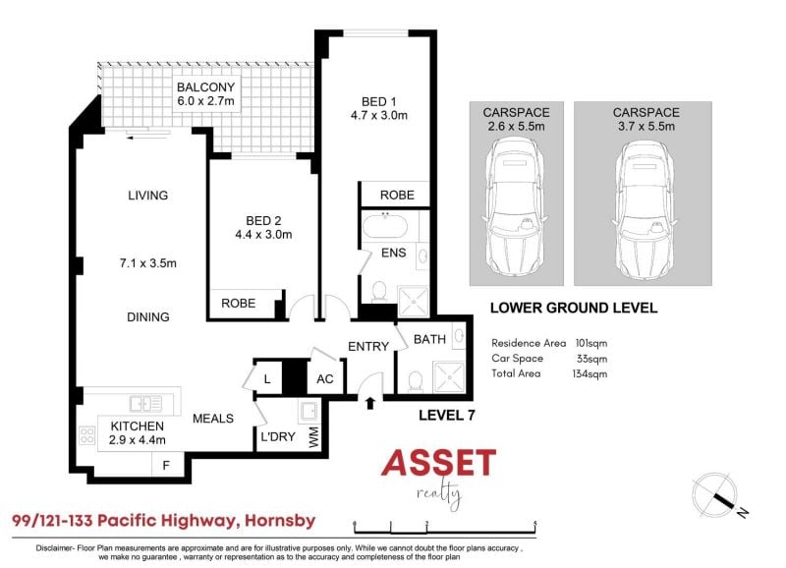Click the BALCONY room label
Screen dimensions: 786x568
pyautogui.click(x=205, y=87)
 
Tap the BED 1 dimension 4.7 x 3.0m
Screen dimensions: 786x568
pyautogui.click(x=379, y=115)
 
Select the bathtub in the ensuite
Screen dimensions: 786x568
pyautogui.click(x=384, y=227)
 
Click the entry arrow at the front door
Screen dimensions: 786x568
pyautogui.click(x=370, y=403)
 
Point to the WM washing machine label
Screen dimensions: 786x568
pyautogui.click(x=314, y=436)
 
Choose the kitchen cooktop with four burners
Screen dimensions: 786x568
pyautogui.click(x=86, y=435)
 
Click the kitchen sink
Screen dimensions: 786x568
pyautogui.click(x=145, y=404)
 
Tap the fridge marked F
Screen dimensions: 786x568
pyautogui.click(x=166, y=466)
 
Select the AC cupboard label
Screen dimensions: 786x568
pyautogui.click(x=325, y=379)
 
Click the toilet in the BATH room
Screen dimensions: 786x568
pyautogui.click(x=416, y=381)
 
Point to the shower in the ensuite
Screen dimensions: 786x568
pyautogui.click(x=413, y=301)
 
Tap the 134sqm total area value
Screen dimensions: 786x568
pyautogui.click(x=589, y=373)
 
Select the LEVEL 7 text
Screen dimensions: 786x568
pyautogui.click(x=447, y=415)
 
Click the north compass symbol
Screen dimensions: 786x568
pyautogui.click(x=717, y=493)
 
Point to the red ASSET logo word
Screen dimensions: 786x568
pyautogui.click(x=438, y=463)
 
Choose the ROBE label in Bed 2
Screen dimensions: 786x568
pyautogui.click(x=239, y=304)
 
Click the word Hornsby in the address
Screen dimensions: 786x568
pyautogui.click(x=280, y=521)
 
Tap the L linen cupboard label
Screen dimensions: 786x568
pyautogui.click(x=267, y=379)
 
